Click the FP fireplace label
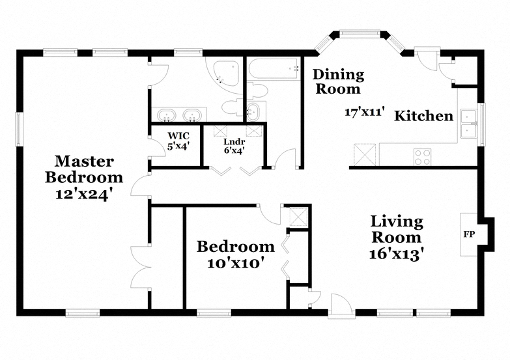[x=469, y=234]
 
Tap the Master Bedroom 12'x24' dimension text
[x=85, y=195]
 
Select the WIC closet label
[x=178, y=135]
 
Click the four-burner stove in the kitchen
[x=422, y=157]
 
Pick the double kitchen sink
[x=469, y=124]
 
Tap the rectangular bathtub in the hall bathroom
[x=274, y=68]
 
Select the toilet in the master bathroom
[x=232, y=107]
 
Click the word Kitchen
[x=423, y=116]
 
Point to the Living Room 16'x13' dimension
[x=397, y=254]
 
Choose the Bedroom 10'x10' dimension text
[x=235, y=263]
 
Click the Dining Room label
[x=338, y=81]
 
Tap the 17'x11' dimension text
[x=365, y=112]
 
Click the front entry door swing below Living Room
[x=341, y=305]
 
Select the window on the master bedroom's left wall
[x=20, y=129]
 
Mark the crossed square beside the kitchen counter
[x=364, y=155]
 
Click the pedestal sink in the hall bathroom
[x=253, y=111]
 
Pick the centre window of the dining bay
[x=360, y=33]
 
